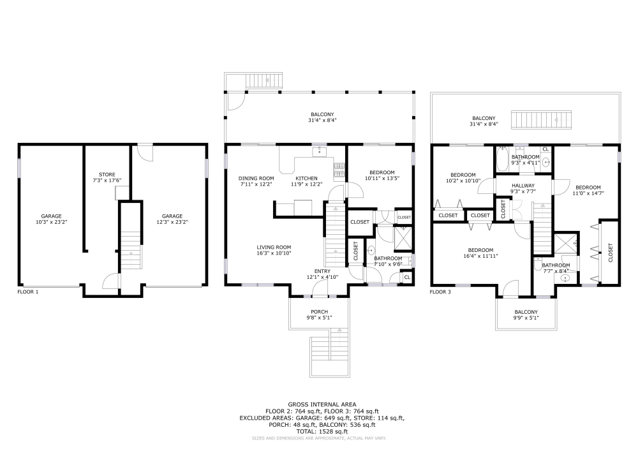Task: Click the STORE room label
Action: [107, 174]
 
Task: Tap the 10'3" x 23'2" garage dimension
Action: [51, 222]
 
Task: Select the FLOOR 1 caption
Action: [28, 292]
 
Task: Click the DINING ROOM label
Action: [256, 178]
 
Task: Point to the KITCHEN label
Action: [306, 178]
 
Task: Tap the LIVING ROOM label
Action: [274, 248]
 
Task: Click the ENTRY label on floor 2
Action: [322, 271]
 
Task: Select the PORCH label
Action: [320, 312]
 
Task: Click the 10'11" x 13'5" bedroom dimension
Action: [382, 178]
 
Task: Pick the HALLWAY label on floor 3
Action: [523, 186]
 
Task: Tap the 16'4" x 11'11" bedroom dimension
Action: [480, 256]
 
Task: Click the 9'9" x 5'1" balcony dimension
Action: [526, 318]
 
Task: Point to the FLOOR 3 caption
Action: [441, 292]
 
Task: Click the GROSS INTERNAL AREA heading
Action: [322, 404]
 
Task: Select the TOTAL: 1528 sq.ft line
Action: [322, 431]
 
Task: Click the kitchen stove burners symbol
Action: [339, 171]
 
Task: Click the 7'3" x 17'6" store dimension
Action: [107, 180]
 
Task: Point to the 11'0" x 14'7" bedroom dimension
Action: [588, 193]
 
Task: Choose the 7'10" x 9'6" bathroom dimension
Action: [388, 264]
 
